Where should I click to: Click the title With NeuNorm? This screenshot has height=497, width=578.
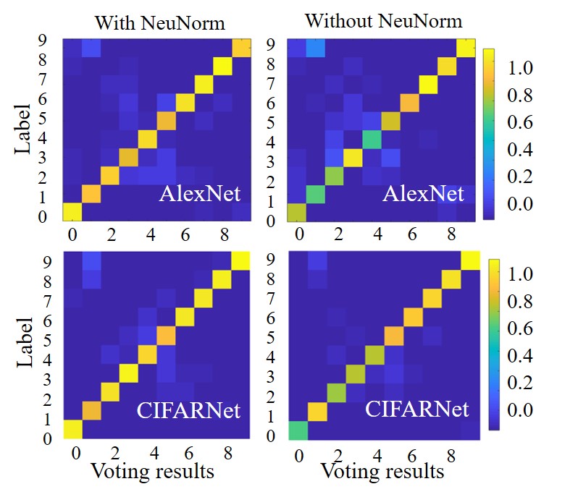point(159,22)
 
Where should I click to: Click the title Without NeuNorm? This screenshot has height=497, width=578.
point(383,20)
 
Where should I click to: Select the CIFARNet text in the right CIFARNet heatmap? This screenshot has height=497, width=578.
point(416,409)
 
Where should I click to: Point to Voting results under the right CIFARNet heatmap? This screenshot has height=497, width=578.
point(382,472)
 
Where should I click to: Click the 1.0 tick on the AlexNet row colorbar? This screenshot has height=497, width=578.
point(518,68)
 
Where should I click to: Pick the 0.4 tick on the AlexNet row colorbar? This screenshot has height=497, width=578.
point(518,150)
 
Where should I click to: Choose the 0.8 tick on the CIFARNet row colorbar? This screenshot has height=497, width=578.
point(519,302)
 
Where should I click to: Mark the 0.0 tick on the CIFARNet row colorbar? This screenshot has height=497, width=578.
point(519,410)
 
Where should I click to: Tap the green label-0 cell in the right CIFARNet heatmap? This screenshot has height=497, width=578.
point(296,430)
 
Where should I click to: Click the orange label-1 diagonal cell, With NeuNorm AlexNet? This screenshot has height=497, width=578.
point(91,194)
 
